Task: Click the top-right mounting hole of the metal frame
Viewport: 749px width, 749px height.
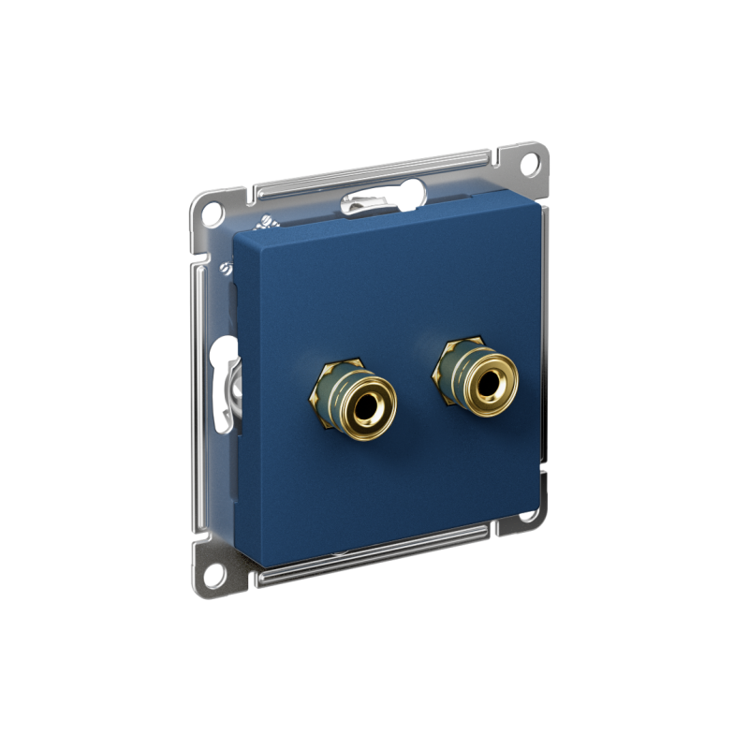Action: point(529,161)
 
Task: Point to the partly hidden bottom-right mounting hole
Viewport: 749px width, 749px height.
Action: point(530,514)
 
